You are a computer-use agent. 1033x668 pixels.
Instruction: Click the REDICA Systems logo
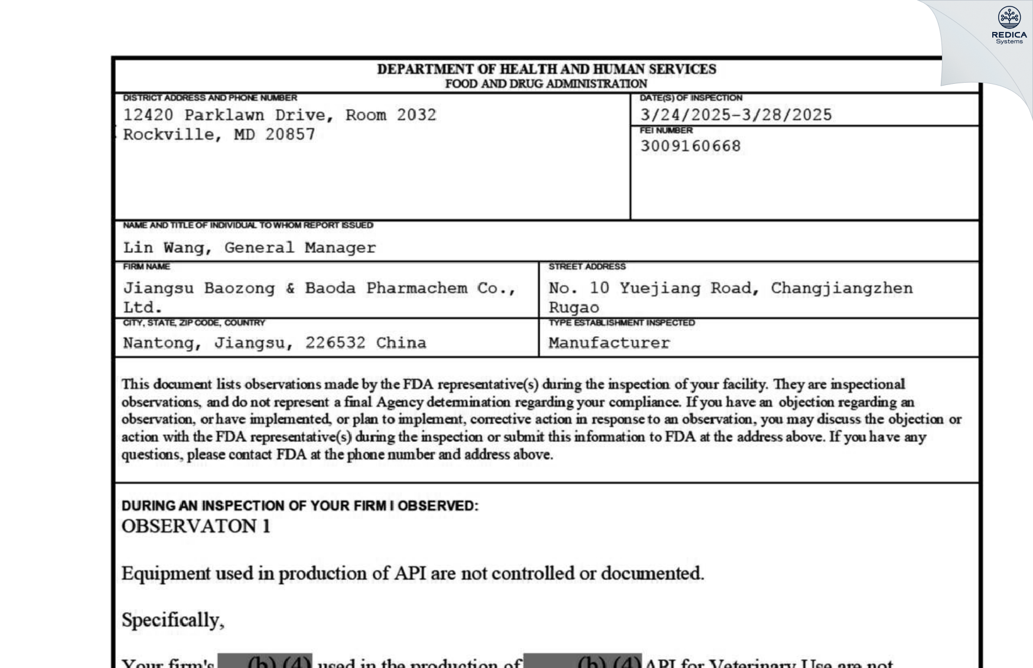coord(1009,25)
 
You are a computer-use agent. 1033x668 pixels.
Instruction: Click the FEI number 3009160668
coord(690,146)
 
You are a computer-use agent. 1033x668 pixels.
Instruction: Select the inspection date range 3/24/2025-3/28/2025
coord(735,115)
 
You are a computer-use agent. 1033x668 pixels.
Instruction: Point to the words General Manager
coord(300,248)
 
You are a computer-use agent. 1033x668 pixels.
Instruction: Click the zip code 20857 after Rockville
coord(290,135)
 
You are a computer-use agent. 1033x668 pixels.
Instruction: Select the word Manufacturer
coord(609,343)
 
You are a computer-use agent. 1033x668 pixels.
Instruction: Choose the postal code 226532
coord(335,343)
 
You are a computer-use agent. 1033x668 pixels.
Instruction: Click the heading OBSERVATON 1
coord(195,526)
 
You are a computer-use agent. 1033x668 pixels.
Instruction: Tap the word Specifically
coord(172,620)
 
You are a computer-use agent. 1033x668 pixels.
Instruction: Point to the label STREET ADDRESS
coord(586,267)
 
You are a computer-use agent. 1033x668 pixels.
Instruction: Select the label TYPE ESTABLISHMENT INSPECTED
coord(621,322)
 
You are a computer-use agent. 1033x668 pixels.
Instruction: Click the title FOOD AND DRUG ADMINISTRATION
coord(546,84)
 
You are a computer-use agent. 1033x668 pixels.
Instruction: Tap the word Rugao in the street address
coord(573,308)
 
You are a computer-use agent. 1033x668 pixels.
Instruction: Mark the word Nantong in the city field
coord(158,343)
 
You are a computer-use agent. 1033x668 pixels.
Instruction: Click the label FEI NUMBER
coord(666,130)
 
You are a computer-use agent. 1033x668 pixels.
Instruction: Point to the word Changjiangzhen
coord(842,288)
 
